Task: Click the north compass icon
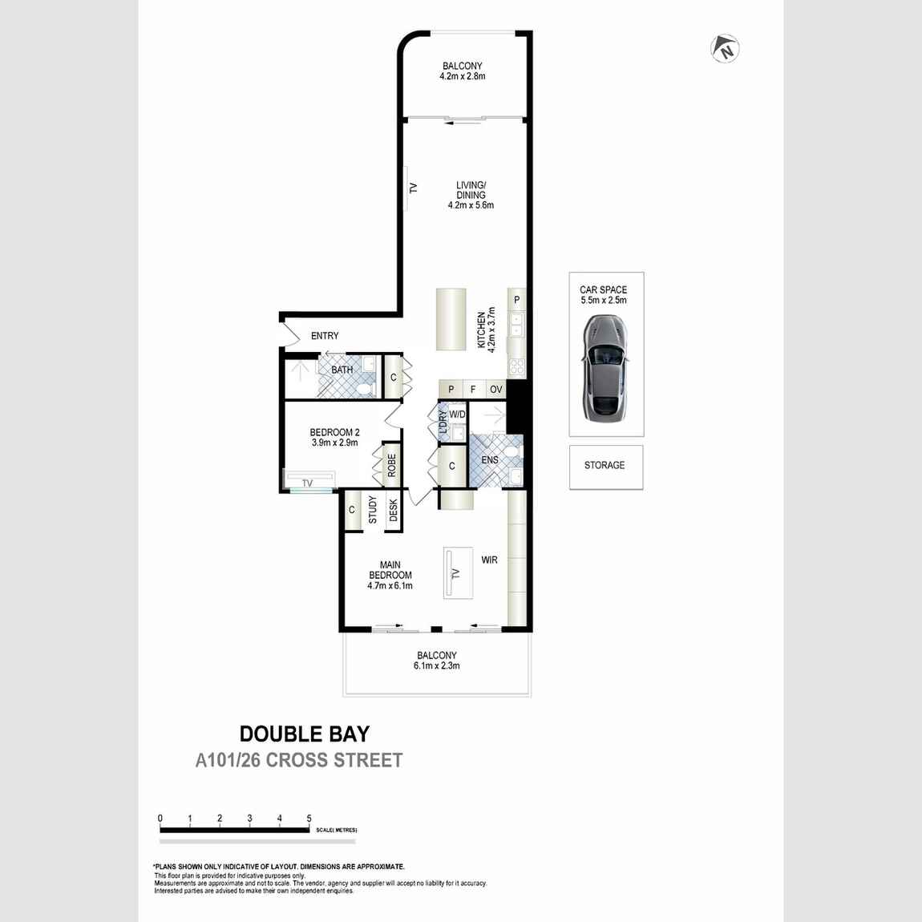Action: click(725, 49)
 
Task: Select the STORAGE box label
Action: click(605, 465)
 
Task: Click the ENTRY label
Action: click(325, 336)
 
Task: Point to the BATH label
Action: click(342, 370)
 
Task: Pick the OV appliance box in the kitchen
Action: click(496, 390)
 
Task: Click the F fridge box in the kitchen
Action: click(473, 390)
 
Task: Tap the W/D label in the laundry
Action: click(457, 414)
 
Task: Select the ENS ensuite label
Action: click(490, 460)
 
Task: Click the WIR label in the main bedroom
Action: click(489, 560)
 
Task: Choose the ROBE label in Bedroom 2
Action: click(391, 465)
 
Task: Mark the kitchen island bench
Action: click(451, 319)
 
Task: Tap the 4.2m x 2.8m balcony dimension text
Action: click(463, 77)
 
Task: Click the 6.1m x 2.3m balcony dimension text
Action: click(437, 665)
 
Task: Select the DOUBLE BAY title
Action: click(305, 734)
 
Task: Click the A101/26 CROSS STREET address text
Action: click(299, 760)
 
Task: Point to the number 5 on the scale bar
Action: click(309, 819)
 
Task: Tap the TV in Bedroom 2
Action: click(308, 483)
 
